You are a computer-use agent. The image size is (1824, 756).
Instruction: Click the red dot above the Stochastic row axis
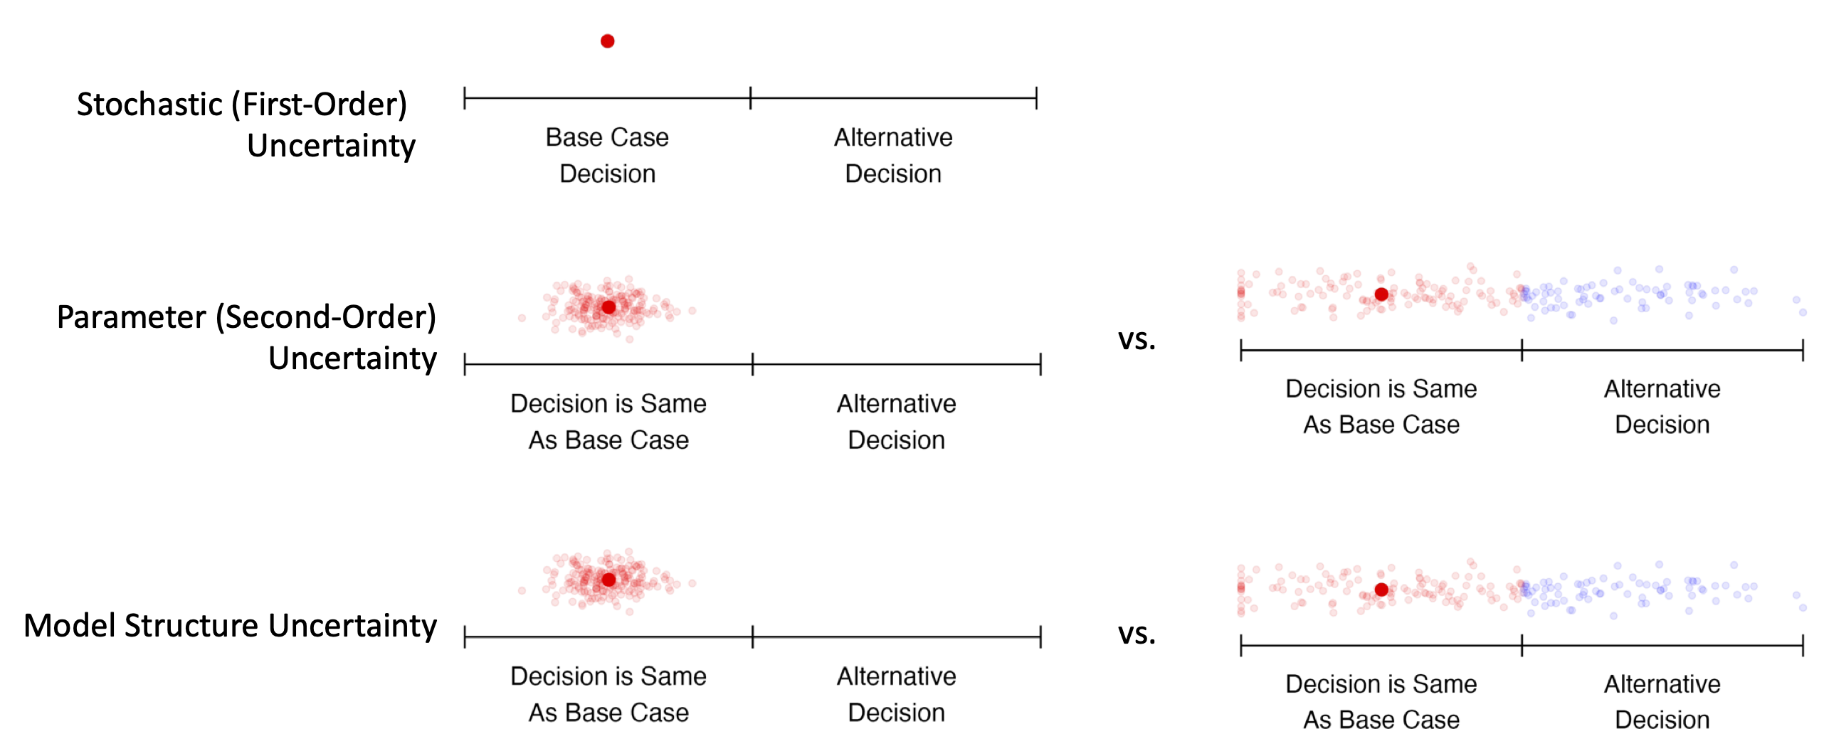pos(607,41)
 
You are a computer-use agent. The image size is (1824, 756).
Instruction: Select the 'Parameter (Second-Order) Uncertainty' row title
pos(246,337)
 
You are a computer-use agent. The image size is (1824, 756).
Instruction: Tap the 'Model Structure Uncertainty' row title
pos(230,626)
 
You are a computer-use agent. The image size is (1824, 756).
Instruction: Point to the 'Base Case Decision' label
pos(607,155)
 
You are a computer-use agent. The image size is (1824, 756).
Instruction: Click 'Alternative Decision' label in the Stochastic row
pos(893,155)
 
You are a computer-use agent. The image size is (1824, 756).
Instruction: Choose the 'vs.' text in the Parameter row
pos(1137,339)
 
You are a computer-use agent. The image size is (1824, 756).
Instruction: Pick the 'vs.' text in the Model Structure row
pos(1137,634)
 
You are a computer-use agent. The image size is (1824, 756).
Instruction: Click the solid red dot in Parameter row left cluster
pos(608,307)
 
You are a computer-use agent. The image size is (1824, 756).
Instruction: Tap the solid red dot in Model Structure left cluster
pos(608,580)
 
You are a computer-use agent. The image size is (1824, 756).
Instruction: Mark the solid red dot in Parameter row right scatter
pos(1381,294)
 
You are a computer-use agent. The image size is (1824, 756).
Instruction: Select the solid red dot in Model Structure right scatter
pos(1381,590)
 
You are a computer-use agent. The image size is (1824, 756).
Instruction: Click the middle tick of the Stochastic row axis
pos(751,98)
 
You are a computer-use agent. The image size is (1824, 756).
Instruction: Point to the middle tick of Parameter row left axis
pos(753,364)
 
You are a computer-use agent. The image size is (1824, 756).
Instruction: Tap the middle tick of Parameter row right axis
pos(1522,350)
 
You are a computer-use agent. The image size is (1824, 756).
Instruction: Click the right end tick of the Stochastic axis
pos(1036,98)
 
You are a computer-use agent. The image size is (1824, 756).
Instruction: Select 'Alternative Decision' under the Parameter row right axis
pos(1662,406)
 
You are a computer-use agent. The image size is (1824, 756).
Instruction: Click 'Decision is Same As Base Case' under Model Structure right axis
pos(1381,701)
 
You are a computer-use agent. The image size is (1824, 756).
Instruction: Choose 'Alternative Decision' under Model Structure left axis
pos(896,694)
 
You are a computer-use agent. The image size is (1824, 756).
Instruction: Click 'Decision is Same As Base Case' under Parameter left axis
pos(608,422)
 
